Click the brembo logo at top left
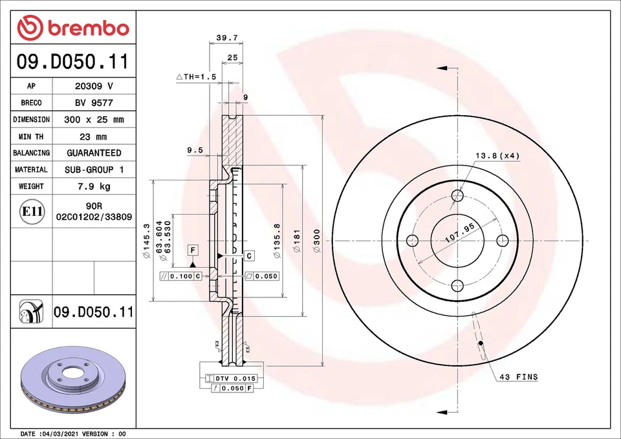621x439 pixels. tap(73, 28)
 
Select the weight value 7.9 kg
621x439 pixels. tap(94, 186)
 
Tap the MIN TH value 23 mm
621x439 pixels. tap(94, 136)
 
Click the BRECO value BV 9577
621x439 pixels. tap(94, 103)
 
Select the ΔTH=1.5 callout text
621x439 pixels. tap(195, 76)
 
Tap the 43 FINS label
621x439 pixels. tap(517, 376)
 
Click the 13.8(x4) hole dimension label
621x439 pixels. tap(497, 156)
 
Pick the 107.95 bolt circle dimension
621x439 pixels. tap(460, 234)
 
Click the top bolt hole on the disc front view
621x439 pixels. tap(457, 195)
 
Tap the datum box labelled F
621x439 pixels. tap(193, 250)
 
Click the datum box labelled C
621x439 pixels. tap(249, 256)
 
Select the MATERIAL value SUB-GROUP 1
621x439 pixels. tap(94, 169)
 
